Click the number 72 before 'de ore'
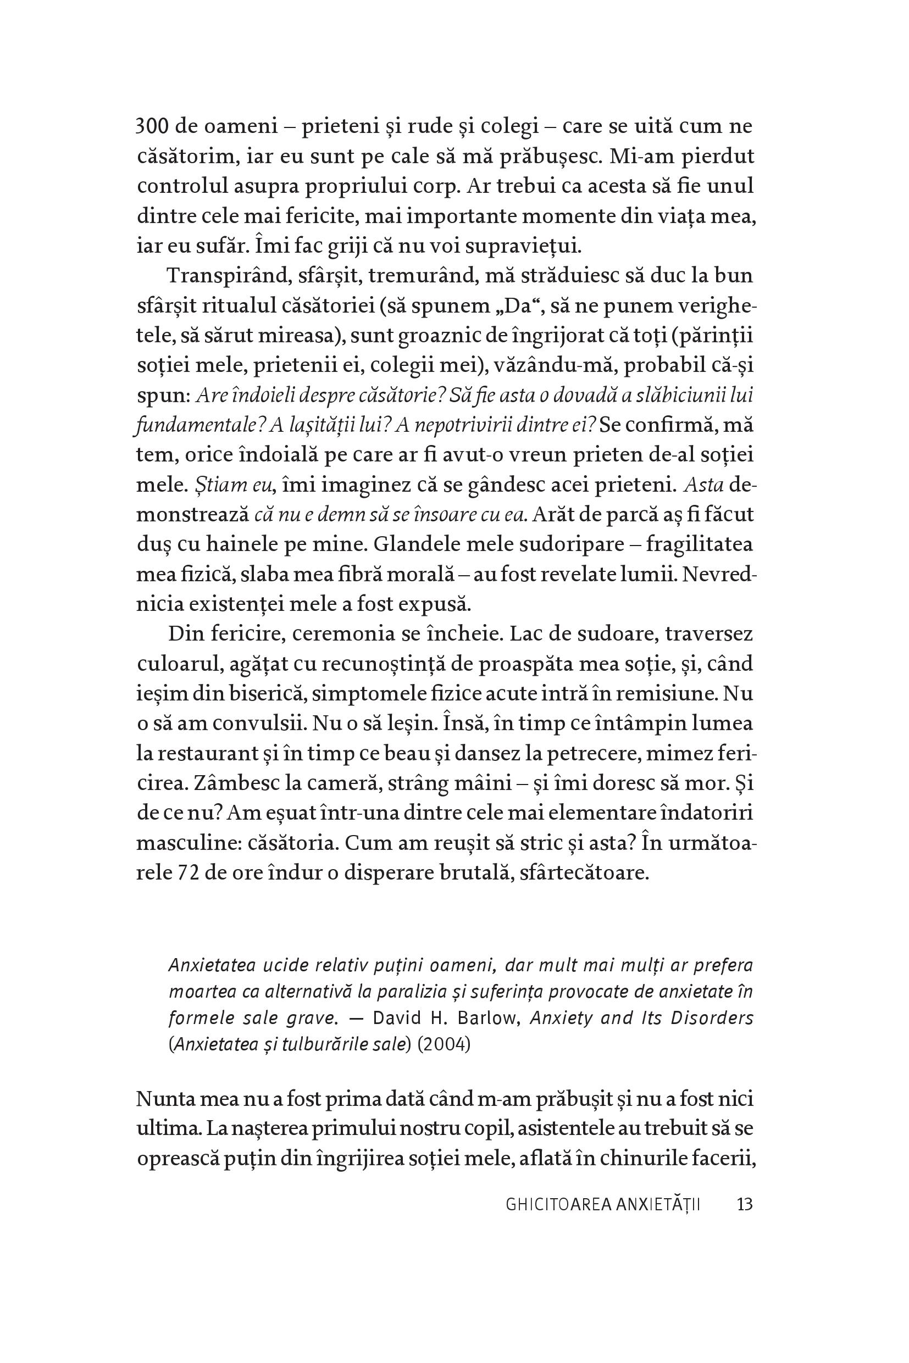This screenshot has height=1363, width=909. (x=188, y=873)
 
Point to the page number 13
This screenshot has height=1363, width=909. (x=744, y=1205)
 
